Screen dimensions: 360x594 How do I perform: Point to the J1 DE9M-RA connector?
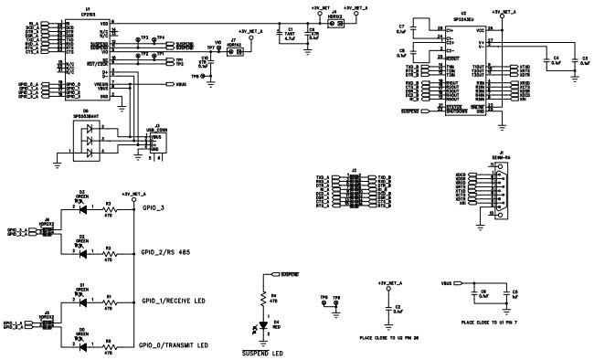click(x=498, y=194)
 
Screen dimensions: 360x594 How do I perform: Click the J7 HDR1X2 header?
click(x=232, y=54)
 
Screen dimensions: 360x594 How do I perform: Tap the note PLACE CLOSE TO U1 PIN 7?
click(x=496, y=323)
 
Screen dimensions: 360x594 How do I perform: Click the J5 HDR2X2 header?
click(x=44, y=322)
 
